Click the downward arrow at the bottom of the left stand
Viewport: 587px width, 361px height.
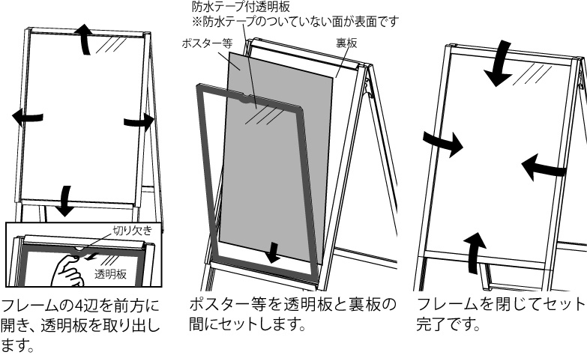tap(66, 198)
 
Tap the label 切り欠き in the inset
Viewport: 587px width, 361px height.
tap(133, 231)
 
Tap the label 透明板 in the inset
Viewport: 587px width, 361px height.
tap(110, 275)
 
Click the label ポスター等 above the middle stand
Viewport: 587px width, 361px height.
tap(207, 43)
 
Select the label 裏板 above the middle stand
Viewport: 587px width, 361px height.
tap(346, 43)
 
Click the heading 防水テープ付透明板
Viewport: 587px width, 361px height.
tap(225, 7)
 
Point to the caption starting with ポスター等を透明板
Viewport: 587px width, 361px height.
tap(293, 315)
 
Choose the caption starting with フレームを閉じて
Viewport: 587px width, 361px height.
tap(499, 315)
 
